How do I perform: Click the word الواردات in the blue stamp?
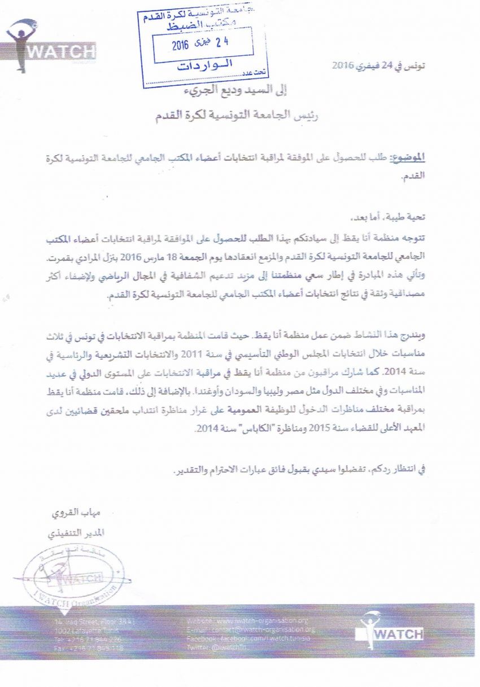pyautogui.click(x=198, y=67)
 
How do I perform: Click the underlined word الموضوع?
pyautogui.click(x=408, y=159)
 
